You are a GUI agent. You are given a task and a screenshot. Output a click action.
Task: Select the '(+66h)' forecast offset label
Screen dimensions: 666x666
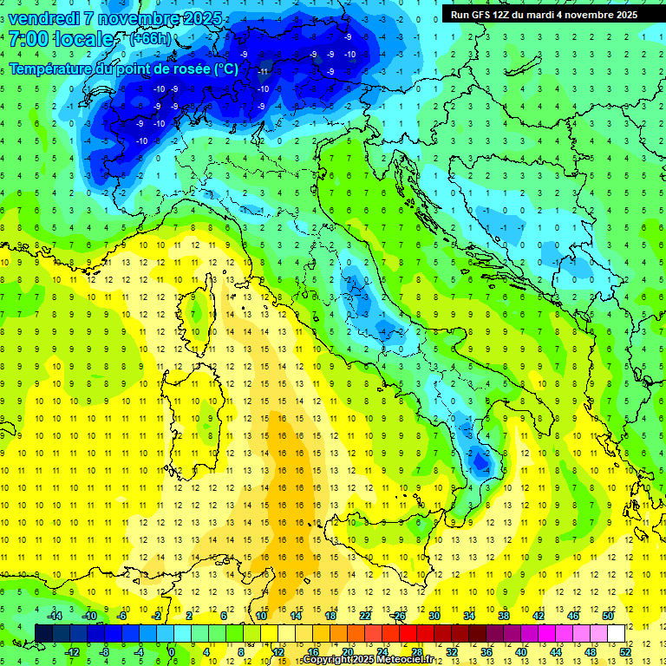pos(150,38)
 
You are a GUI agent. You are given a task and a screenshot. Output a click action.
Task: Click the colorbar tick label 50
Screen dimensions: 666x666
pos(607,616)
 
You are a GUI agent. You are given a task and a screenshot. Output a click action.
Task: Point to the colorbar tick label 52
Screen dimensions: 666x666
pos(625,651)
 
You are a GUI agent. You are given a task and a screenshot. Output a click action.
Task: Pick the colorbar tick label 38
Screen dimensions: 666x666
pos(503,616)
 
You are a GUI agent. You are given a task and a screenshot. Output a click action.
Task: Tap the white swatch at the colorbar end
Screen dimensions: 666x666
pos(616,633)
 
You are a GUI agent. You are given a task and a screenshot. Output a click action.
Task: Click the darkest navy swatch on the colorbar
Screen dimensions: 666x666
pos(43,633)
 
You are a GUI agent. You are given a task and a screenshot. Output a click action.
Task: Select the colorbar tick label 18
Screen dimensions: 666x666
pos(330,616)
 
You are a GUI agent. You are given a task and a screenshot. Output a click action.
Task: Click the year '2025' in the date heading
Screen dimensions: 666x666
pos(198,18)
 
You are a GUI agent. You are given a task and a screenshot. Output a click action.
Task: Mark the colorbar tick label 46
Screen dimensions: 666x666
pos(572,616)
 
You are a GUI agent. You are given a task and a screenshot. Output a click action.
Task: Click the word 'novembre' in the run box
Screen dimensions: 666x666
pos(590,15)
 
